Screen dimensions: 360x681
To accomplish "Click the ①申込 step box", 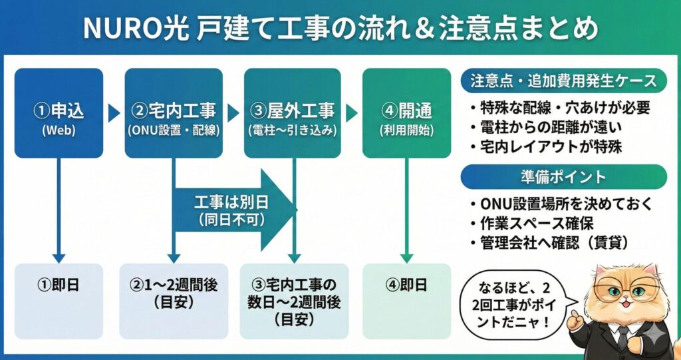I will [59, 113].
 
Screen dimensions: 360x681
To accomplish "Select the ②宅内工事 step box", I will [174, 113].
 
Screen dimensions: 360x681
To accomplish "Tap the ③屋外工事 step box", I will [292, 113].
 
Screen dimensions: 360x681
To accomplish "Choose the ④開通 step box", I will [406, 113].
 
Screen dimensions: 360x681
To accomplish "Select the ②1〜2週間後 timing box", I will [174, 293].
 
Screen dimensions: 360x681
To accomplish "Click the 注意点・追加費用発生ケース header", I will [563, 82].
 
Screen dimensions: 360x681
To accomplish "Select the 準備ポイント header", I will [563, 177].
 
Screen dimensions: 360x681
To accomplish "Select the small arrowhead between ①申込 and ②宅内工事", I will [114, 113].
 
